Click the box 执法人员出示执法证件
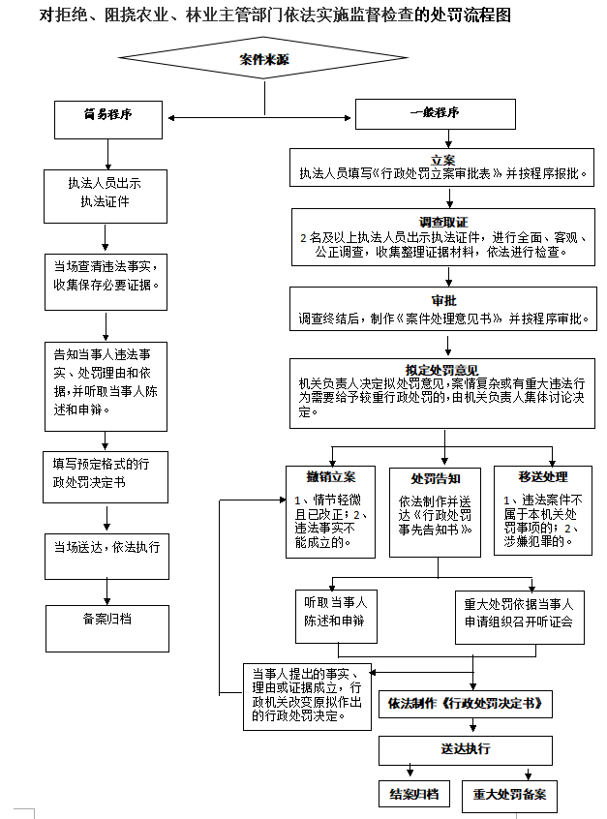point(106,194)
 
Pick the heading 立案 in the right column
point(443,159)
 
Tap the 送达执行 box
point(465,749)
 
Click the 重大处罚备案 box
point(509,795)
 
